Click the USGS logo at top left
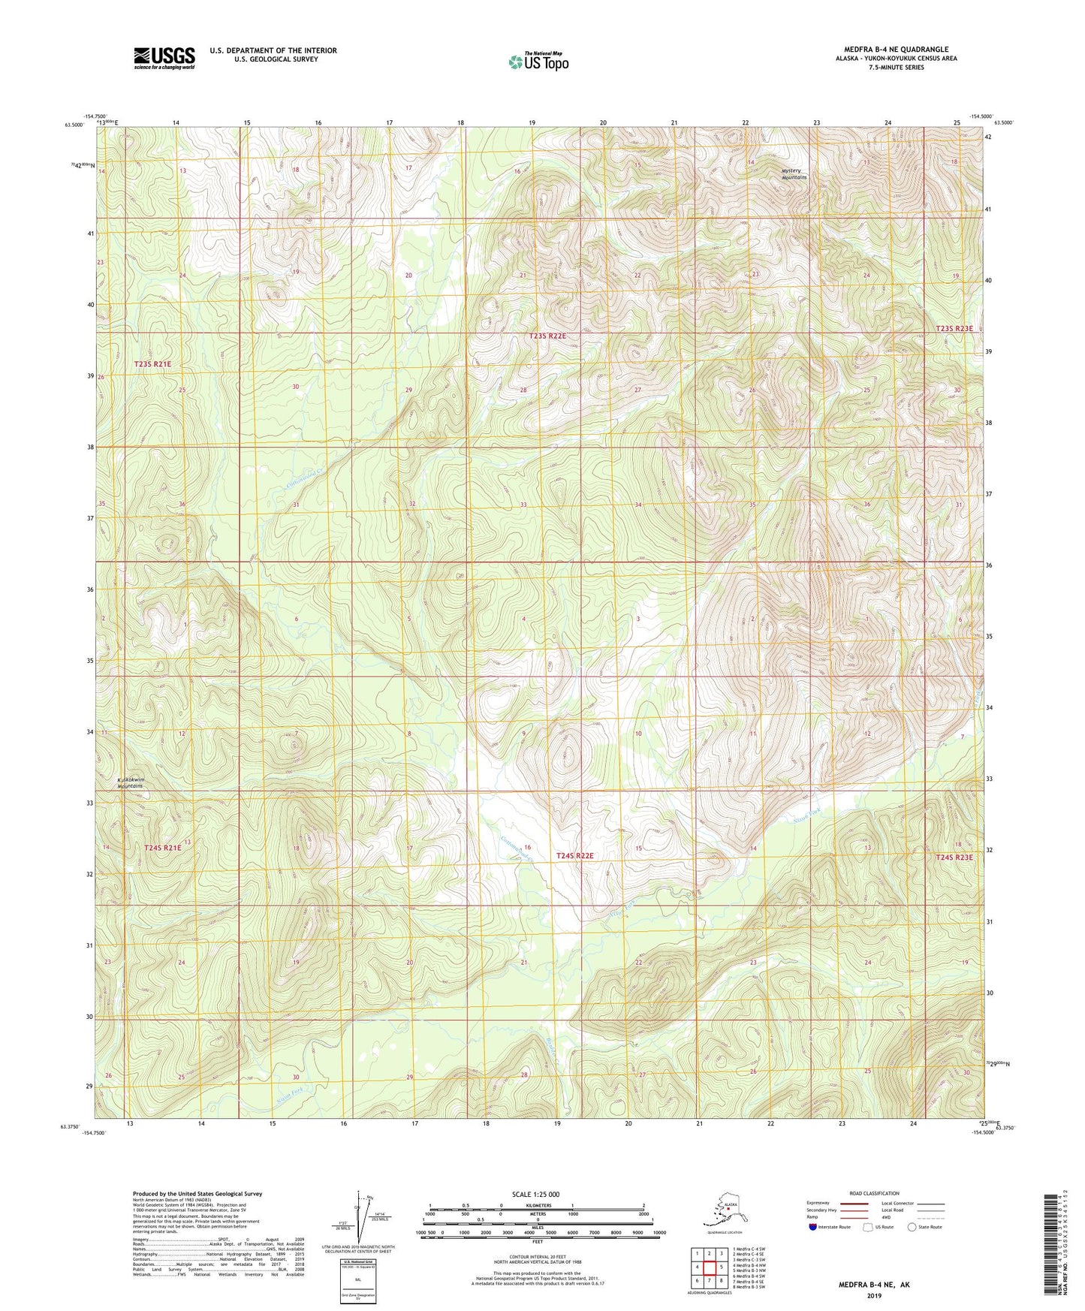(x=164, y=58)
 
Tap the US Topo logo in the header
(x=538, y=62)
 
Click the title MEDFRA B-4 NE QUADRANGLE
(x=896, y=50)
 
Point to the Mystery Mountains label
(x=793, y=174)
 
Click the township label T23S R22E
(x=547, y=337)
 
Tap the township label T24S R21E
(x=162, y=848)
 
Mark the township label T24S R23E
(x=954, y=857)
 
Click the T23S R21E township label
(x=152, y=364)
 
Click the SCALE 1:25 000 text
(x=535, y=1195)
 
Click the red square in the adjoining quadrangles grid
(x=709, y=1267)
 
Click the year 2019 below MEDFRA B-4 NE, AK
(x=873, y=1295)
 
